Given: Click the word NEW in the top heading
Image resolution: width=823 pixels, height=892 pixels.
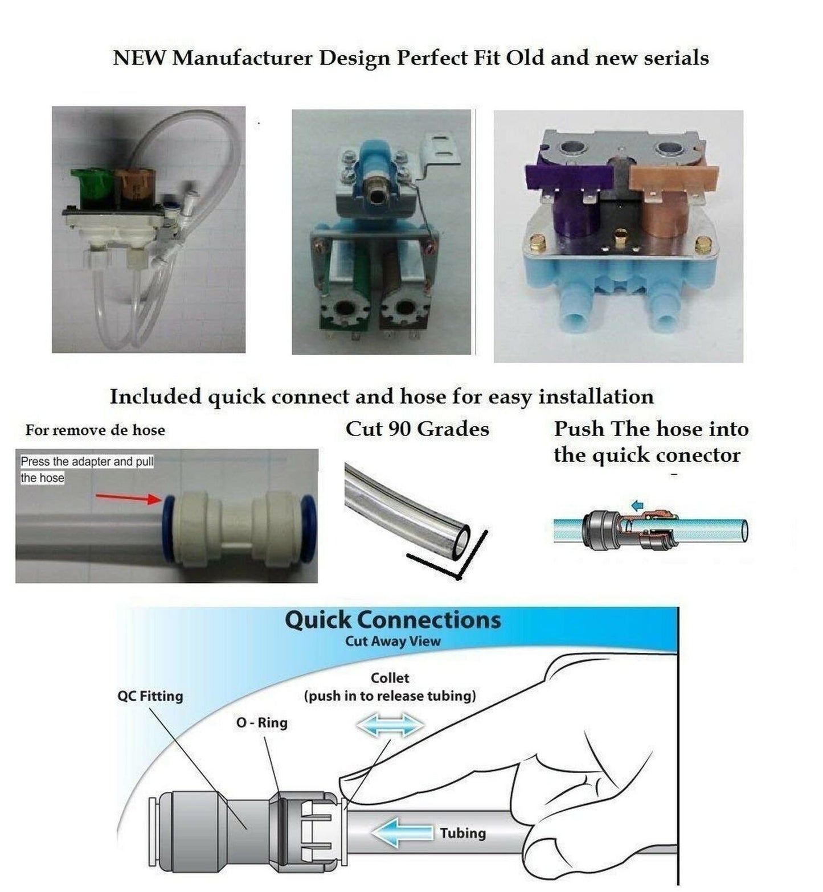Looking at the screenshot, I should (x=139, y=58).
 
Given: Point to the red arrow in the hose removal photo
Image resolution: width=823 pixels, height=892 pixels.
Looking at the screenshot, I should (x=129, y=498).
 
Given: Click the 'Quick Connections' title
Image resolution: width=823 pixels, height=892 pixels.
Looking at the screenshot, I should (x=392, y=620).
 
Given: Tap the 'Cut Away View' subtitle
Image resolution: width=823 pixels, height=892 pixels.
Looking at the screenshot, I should (x=392, y=642).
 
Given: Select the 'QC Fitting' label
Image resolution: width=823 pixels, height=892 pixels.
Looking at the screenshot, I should (x=150, y=696).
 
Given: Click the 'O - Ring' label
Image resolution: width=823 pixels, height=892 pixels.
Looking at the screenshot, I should (x=261, y=723).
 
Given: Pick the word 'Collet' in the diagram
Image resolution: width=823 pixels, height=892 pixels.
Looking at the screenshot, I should (x=390, y=678).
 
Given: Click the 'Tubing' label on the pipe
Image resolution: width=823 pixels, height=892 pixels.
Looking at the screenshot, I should (x=462, y=833).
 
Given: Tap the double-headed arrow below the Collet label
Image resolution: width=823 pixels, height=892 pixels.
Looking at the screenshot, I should (x=390, y=726).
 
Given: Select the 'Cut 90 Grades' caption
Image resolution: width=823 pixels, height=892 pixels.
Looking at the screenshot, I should (x=417, y=429).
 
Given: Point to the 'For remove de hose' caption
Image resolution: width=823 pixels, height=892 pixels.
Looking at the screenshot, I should (x=95, y=430).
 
